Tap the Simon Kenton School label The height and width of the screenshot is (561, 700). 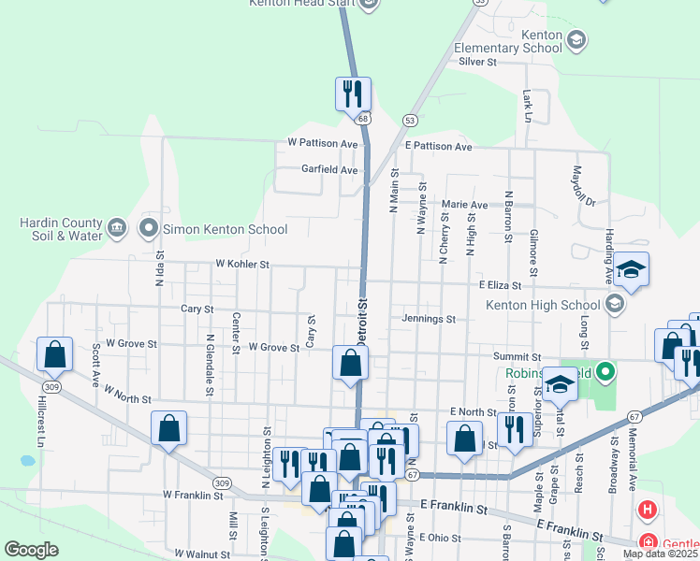coord(211,228)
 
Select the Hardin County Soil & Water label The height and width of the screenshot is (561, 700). coord(61,229)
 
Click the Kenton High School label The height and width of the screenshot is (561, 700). coord(542,305)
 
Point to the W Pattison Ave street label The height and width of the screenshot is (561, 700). coord(323,144)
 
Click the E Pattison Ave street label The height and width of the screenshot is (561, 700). coord(439,147)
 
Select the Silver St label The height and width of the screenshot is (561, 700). coord(477,62)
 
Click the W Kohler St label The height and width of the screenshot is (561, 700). coord(242,265)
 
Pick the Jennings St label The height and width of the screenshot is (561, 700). coord(429,319)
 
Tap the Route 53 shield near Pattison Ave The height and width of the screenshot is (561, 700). coord(410,120)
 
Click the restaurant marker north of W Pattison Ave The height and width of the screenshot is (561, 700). coord(353,93)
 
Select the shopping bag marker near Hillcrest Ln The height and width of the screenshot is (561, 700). coord(54,354)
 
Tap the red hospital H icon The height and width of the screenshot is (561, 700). coord(647,511)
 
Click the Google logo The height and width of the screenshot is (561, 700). coord(31,549)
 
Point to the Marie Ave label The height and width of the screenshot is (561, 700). coord(465,205)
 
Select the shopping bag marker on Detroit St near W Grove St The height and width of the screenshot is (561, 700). coord(350,363)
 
